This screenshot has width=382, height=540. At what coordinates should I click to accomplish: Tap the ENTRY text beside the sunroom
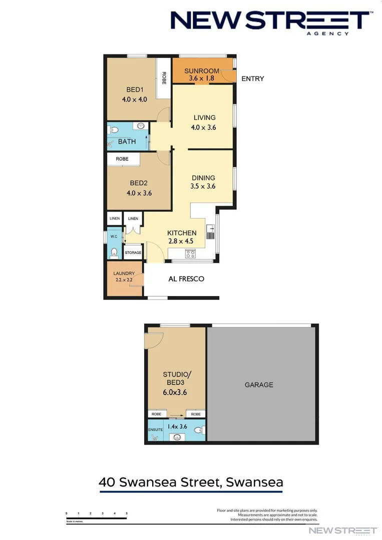tap(252, 78)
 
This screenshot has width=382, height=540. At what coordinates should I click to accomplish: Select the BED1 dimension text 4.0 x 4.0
tap(134, 99)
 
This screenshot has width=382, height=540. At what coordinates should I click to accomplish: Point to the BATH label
tap(127, 141)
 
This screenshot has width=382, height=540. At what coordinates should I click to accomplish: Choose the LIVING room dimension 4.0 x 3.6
tap(203, 127)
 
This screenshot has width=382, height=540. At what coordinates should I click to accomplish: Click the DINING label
tap(203, 177)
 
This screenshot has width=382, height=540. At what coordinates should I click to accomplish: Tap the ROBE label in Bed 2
tap(122, 158)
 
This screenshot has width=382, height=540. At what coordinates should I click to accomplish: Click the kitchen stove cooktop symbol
tap(190, 253)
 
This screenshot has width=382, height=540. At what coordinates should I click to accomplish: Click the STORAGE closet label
tap(133, 252)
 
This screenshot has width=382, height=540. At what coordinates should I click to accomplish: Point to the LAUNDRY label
tap(124, 273)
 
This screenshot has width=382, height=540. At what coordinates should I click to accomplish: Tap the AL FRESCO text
tap(186, 278)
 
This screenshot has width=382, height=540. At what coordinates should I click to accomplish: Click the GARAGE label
tap(259, 384)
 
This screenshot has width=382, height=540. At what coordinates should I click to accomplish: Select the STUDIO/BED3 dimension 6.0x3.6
tap(175, 392)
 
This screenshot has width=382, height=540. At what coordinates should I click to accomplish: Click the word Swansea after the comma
tap(254, 482)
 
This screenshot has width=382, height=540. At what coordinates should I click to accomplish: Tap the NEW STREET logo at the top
tap(270, 21)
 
